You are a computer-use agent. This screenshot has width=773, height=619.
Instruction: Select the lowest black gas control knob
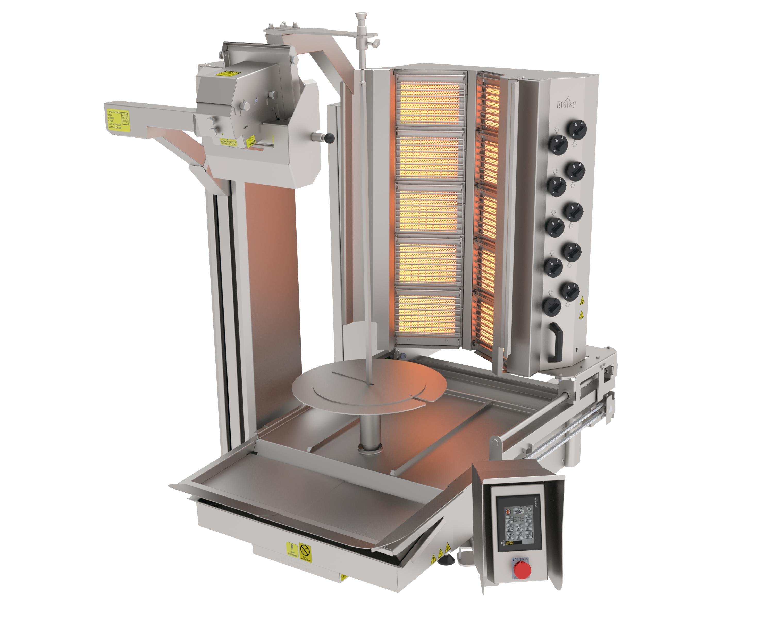[552, 307]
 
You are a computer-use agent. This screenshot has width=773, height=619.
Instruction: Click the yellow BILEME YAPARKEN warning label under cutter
[228, 143]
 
